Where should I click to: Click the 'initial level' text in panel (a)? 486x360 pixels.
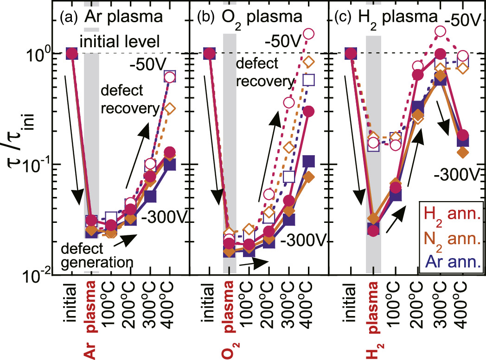(120, 42)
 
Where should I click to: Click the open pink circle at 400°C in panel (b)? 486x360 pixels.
(308, 34)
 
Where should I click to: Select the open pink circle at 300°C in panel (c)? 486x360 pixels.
(441, 32)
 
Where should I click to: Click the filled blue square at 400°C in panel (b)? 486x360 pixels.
(308, 161)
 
